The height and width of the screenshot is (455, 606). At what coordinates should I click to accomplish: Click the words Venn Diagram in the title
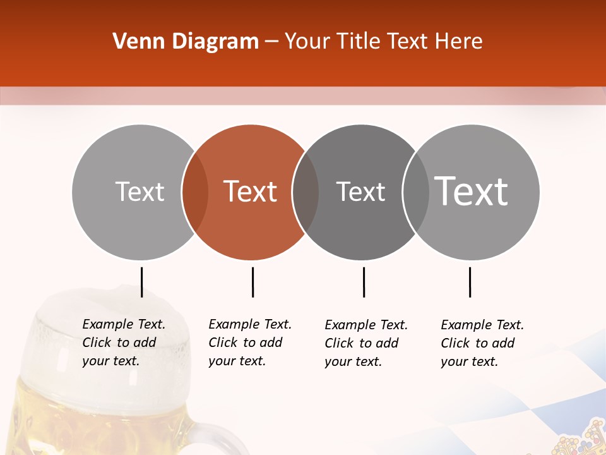point(186,42)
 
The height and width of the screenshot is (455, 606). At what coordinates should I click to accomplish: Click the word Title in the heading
point(359,42)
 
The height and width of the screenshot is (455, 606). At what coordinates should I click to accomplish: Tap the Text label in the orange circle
point(251,191)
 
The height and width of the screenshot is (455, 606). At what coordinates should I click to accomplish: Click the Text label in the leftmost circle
point(140,191)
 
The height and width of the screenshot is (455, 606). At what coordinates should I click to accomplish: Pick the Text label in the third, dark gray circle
point(361,191)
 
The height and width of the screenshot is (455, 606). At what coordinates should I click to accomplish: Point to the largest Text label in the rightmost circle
point(472,191)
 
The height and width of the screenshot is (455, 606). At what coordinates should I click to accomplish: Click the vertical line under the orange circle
point(252,282)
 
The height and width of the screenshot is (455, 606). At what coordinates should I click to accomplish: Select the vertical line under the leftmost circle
point(141,282)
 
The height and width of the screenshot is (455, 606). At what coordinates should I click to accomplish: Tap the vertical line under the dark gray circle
point(364,282)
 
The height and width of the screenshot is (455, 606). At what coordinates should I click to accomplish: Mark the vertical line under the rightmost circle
point(470,282)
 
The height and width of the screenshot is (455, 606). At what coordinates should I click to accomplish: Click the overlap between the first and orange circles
point(195,191)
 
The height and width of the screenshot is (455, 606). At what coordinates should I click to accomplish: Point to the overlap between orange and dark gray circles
point(306,191)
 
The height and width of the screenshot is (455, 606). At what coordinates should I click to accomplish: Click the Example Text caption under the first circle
point(123,343)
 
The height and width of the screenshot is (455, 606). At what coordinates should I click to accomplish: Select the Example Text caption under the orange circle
point(249,343)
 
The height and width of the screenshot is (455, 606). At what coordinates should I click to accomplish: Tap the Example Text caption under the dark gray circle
point(365,343)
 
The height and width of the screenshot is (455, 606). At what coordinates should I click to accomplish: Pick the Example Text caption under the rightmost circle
point(482,343)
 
